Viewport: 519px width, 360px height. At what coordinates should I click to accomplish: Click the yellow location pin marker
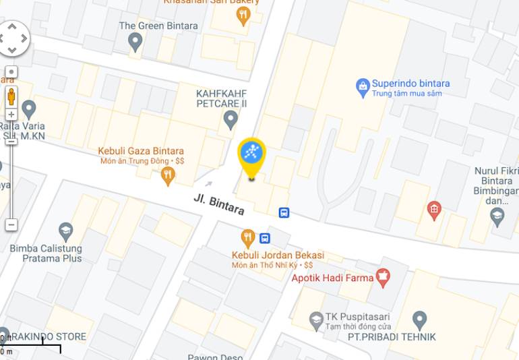tap(252, 155)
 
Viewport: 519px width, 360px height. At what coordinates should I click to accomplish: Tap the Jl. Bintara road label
tap(218, 204)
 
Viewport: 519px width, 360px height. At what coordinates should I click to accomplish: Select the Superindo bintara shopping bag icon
tap(363, 86)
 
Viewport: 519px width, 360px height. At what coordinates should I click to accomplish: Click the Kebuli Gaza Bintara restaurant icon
tap(168, 176)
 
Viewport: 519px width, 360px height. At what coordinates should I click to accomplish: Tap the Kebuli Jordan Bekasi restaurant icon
tap(248, 237)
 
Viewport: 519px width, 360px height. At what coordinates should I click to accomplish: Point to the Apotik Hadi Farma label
tap(332, 278)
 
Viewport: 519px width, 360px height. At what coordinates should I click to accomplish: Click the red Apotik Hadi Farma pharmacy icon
tap(383, 275)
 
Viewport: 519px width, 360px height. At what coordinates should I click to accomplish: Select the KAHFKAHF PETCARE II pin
tap(231, 119)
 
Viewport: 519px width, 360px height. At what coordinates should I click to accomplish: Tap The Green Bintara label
tap(158, 26)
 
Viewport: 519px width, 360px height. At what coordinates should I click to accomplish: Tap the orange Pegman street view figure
tap(11, 96)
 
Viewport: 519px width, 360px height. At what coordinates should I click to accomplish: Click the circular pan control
tap(12, 38)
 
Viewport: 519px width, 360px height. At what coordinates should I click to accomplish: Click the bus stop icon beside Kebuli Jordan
tap(265, 238)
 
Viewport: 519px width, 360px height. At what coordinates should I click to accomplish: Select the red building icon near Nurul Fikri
tap(435, 210)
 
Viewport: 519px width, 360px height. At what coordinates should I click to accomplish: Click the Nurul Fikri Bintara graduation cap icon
tap(497, 216)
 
